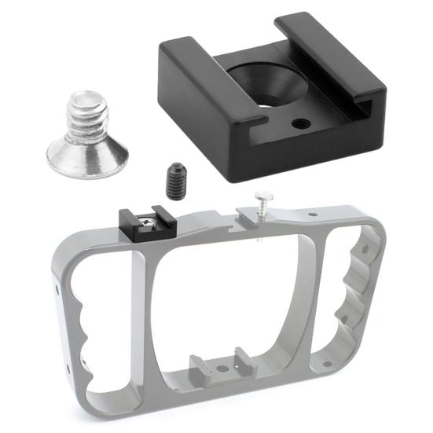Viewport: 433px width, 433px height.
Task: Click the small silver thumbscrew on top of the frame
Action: pyautogui.click(x=259, y=206)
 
